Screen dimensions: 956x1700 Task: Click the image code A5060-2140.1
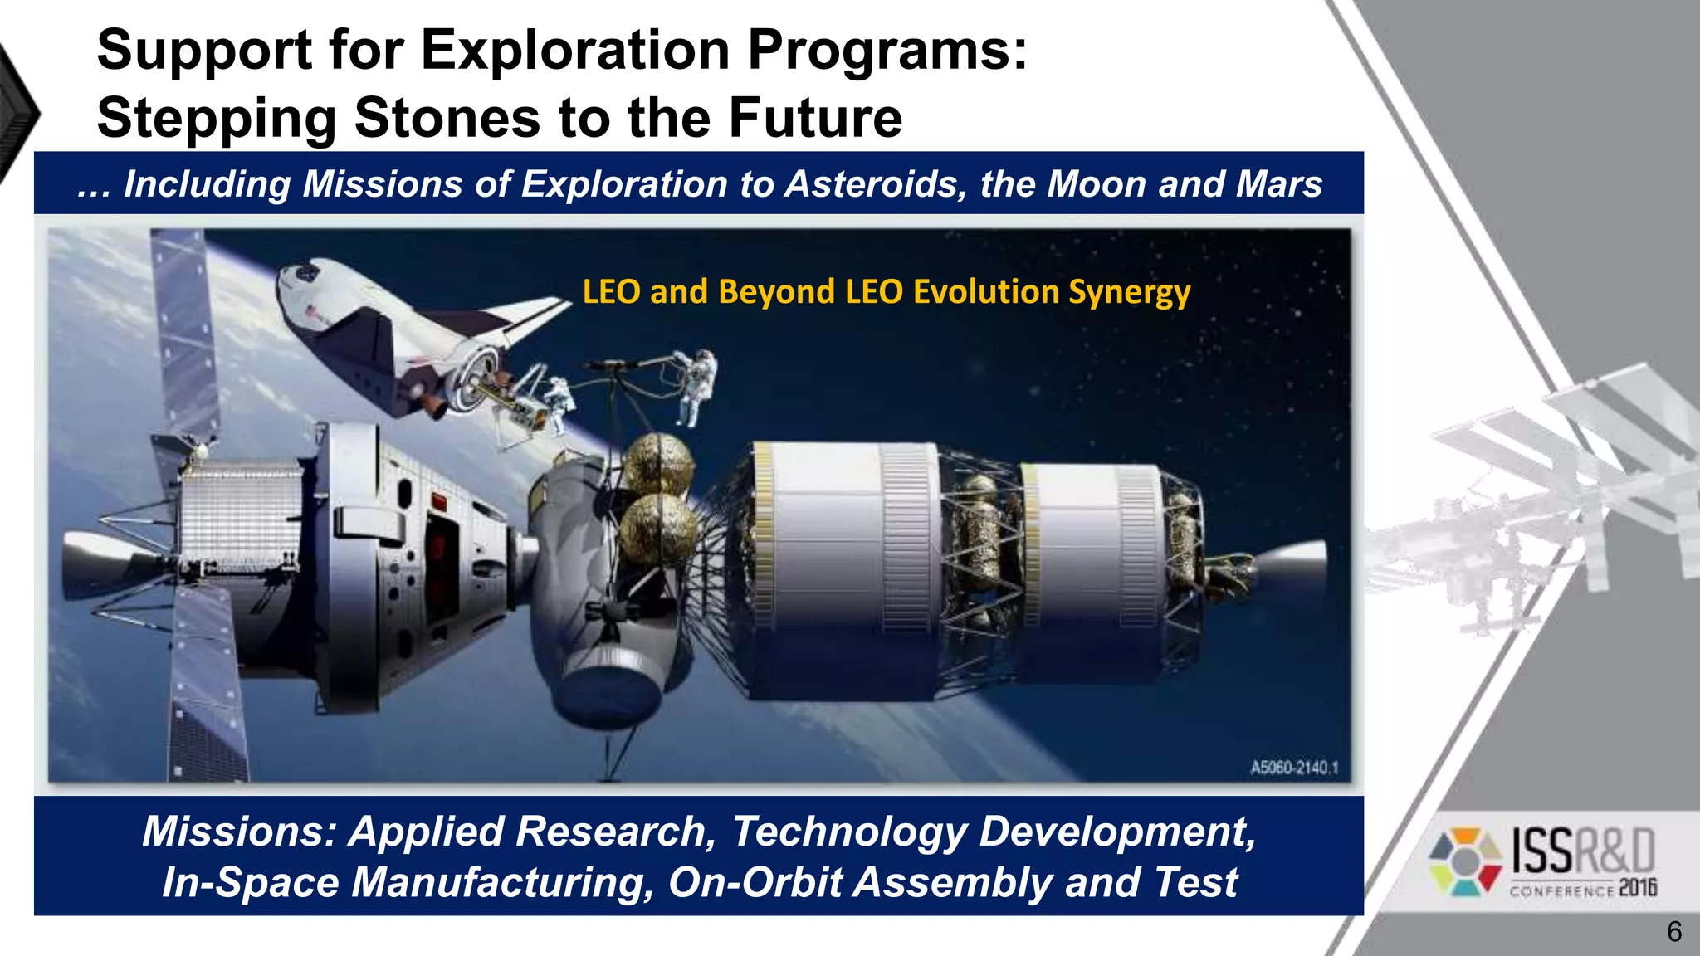(x=1294, y=768)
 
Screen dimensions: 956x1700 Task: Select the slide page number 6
(x=1674, y=932)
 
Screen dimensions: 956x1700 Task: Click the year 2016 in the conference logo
(x=1637, y=888)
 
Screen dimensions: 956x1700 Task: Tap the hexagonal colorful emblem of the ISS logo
(x=1465, y=861)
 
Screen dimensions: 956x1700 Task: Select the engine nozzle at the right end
(x=1295, y=573)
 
